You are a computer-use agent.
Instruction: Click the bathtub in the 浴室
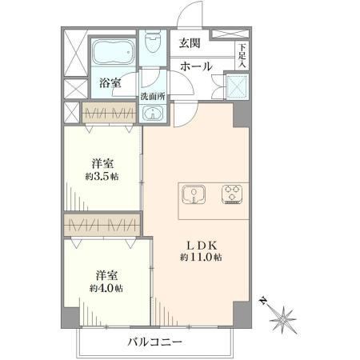tap(113, 53)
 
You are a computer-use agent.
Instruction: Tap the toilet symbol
tap(153, 42)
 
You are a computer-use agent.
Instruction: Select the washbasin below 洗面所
tap(152, 114)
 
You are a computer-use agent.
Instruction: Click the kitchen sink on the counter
tap(194, 194)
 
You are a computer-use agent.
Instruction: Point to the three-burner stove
tap(232, 194)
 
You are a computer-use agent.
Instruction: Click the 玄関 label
tap(190, 43)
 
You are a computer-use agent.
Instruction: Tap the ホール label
tap(196, 66)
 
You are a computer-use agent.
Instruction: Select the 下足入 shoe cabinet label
tap(242, 56)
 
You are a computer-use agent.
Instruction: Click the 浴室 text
tap(110, 82)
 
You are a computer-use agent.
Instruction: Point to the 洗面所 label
tap(153, 97)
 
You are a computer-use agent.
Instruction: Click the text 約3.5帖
tap(102, 177)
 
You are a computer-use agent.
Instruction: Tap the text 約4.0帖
tap(106, 288)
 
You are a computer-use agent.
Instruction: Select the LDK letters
tap(201, 245)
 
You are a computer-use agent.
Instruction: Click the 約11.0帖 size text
tap(201, 257)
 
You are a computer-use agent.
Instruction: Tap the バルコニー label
tap(154, 342)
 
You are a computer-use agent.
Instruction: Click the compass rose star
tap(282, 319)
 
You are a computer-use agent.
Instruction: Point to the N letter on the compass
tap(263, 301)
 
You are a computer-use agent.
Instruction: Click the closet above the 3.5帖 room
tap(109, 113)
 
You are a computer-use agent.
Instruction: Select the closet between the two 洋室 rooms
tap(102, 225)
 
